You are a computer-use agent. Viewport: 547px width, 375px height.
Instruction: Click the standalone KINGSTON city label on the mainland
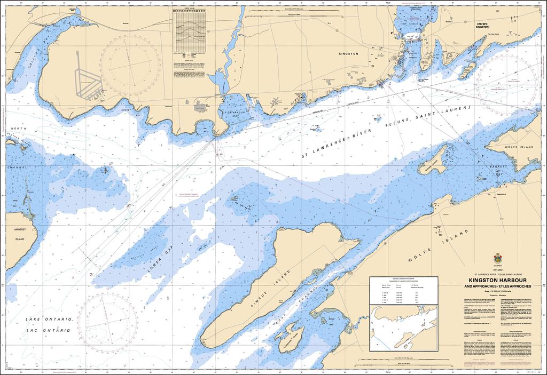pos(348,54)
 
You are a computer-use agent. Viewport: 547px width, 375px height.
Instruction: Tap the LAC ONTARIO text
pos(49,330)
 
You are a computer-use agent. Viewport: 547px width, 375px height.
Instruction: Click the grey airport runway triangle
pos(85,80)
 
